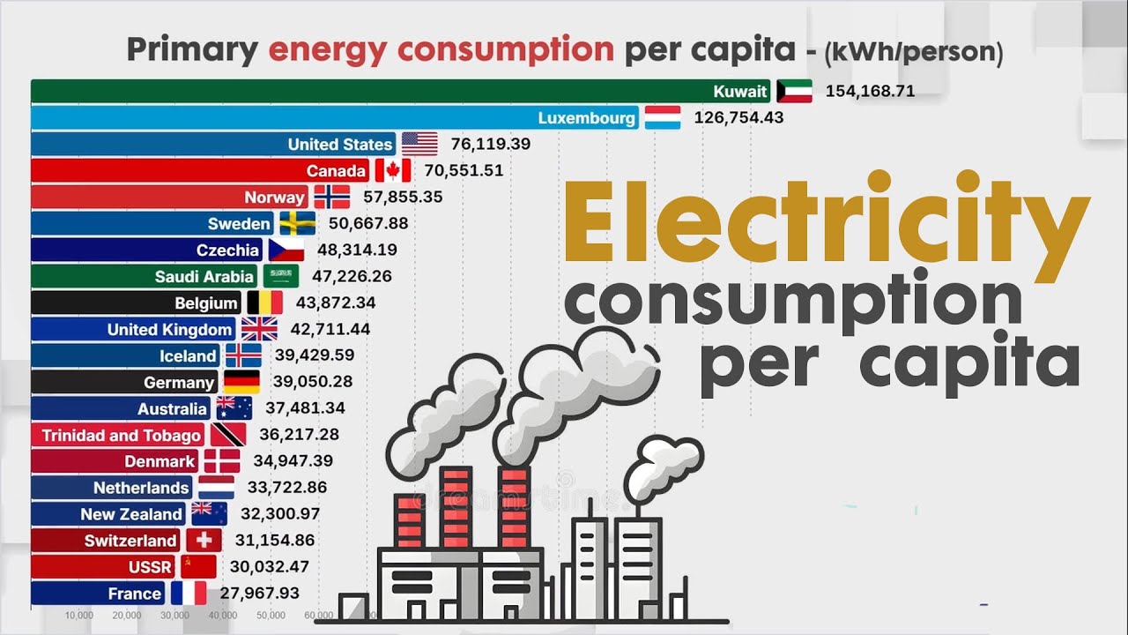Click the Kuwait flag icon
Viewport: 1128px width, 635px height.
pos(794,91)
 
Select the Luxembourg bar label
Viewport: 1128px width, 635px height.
pos(586,117)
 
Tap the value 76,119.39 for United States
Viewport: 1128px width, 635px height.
pos(490,144)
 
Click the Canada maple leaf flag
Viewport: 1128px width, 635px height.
pos(393,170)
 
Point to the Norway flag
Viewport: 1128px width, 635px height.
pos(332,197)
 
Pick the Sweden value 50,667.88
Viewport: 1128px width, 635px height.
pos(368,223)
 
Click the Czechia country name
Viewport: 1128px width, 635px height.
pos(227,250)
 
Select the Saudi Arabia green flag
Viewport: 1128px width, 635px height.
pos(281,276)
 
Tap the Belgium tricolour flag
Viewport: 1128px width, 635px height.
pos(264,303)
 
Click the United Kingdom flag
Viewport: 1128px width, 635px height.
pos(259,329)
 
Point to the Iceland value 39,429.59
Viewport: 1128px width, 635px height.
pos(314,355)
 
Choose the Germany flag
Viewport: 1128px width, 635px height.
pos(241,382)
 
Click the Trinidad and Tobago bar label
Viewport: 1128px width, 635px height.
pos(122,435)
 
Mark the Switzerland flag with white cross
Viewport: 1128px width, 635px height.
pos(204,541)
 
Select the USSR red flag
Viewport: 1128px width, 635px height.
pos(198,567)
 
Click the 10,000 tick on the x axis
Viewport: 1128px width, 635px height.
pos(79,615)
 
